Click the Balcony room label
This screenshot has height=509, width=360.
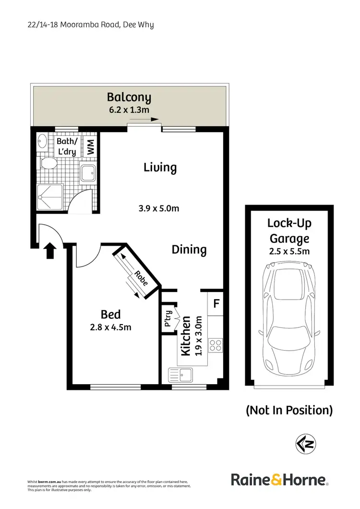pos(129,97)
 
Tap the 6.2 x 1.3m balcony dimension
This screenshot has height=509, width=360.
pos(129,110)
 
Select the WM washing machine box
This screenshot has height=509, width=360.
pos(90,146)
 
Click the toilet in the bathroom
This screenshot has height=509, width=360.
pos(48,163)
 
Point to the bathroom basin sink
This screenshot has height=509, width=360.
pos(42,142)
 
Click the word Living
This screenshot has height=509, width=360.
pos(160,168)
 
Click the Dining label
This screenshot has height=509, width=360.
pos(189,250)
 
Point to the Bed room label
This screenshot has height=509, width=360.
pos(110,315)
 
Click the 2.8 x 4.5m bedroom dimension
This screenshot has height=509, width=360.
pos(110,327)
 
